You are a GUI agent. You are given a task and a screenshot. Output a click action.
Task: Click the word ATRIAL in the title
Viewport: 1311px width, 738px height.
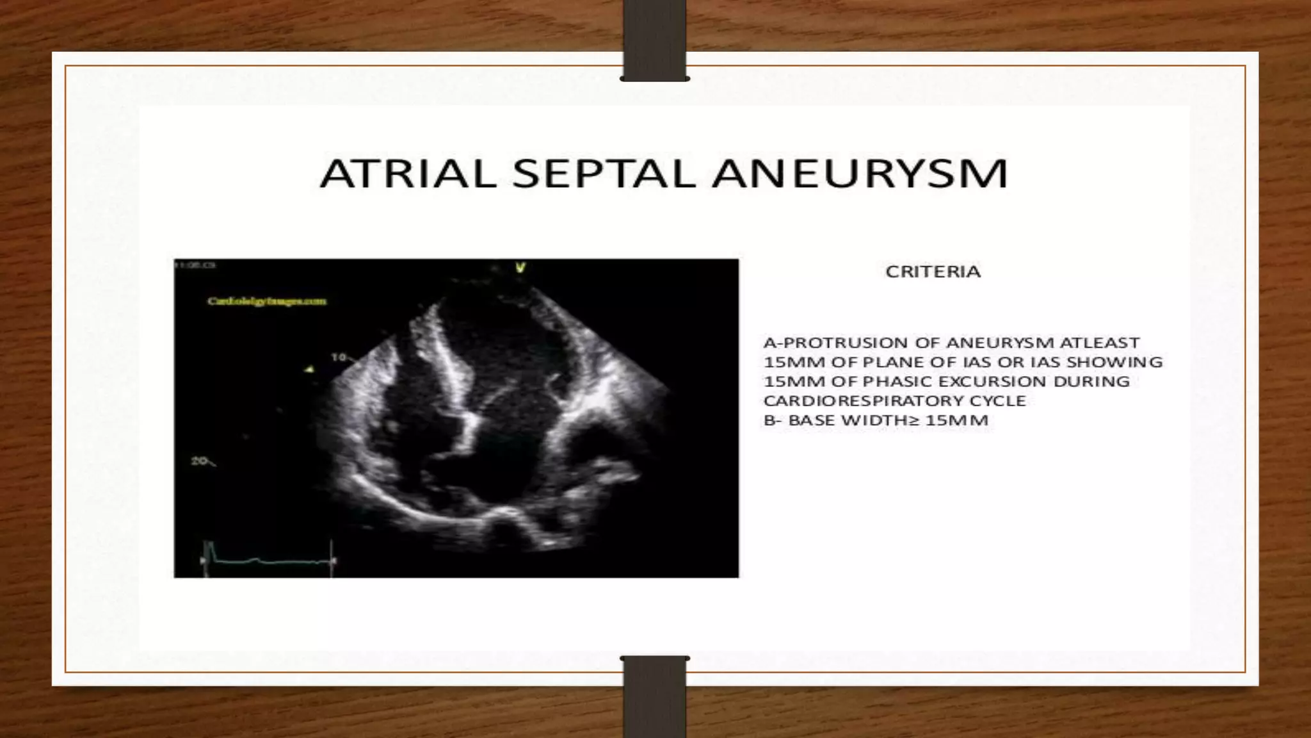(x=408, y=174)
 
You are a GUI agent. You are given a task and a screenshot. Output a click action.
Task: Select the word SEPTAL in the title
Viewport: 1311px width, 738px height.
(x=604, y=174)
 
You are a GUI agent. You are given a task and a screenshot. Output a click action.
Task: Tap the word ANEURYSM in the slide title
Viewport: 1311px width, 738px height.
(x=859, y=174)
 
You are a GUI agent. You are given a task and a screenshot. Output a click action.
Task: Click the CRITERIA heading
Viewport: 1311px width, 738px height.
(x=933, y=272)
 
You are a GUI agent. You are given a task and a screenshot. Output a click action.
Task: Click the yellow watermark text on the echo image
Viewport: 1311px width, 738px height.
(x=266, y=300)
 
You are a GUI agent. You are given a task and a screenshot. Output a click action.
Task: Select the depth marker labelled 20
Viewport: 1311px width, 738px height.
(x=199, y=461)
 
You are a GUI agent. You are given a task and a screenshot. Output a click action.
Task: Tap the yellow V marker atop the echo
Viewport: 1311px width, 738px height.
(x=520, y=268)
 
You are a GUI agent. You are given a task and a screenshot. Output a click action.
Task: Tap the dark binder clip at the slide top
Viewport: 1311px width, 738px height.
(x=654, y=40)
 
